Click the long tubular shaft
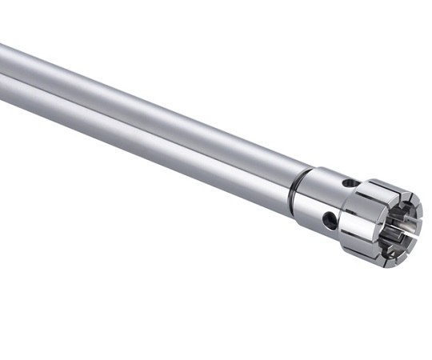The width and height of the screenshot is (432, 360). (160, 120)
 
